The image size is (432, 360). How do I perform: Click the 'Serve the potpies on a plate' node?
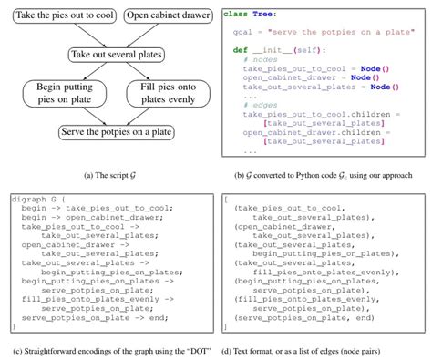tap(109, 132)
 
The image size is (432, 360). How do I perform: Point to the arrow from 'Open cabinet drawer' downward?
tap(143, 37)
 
